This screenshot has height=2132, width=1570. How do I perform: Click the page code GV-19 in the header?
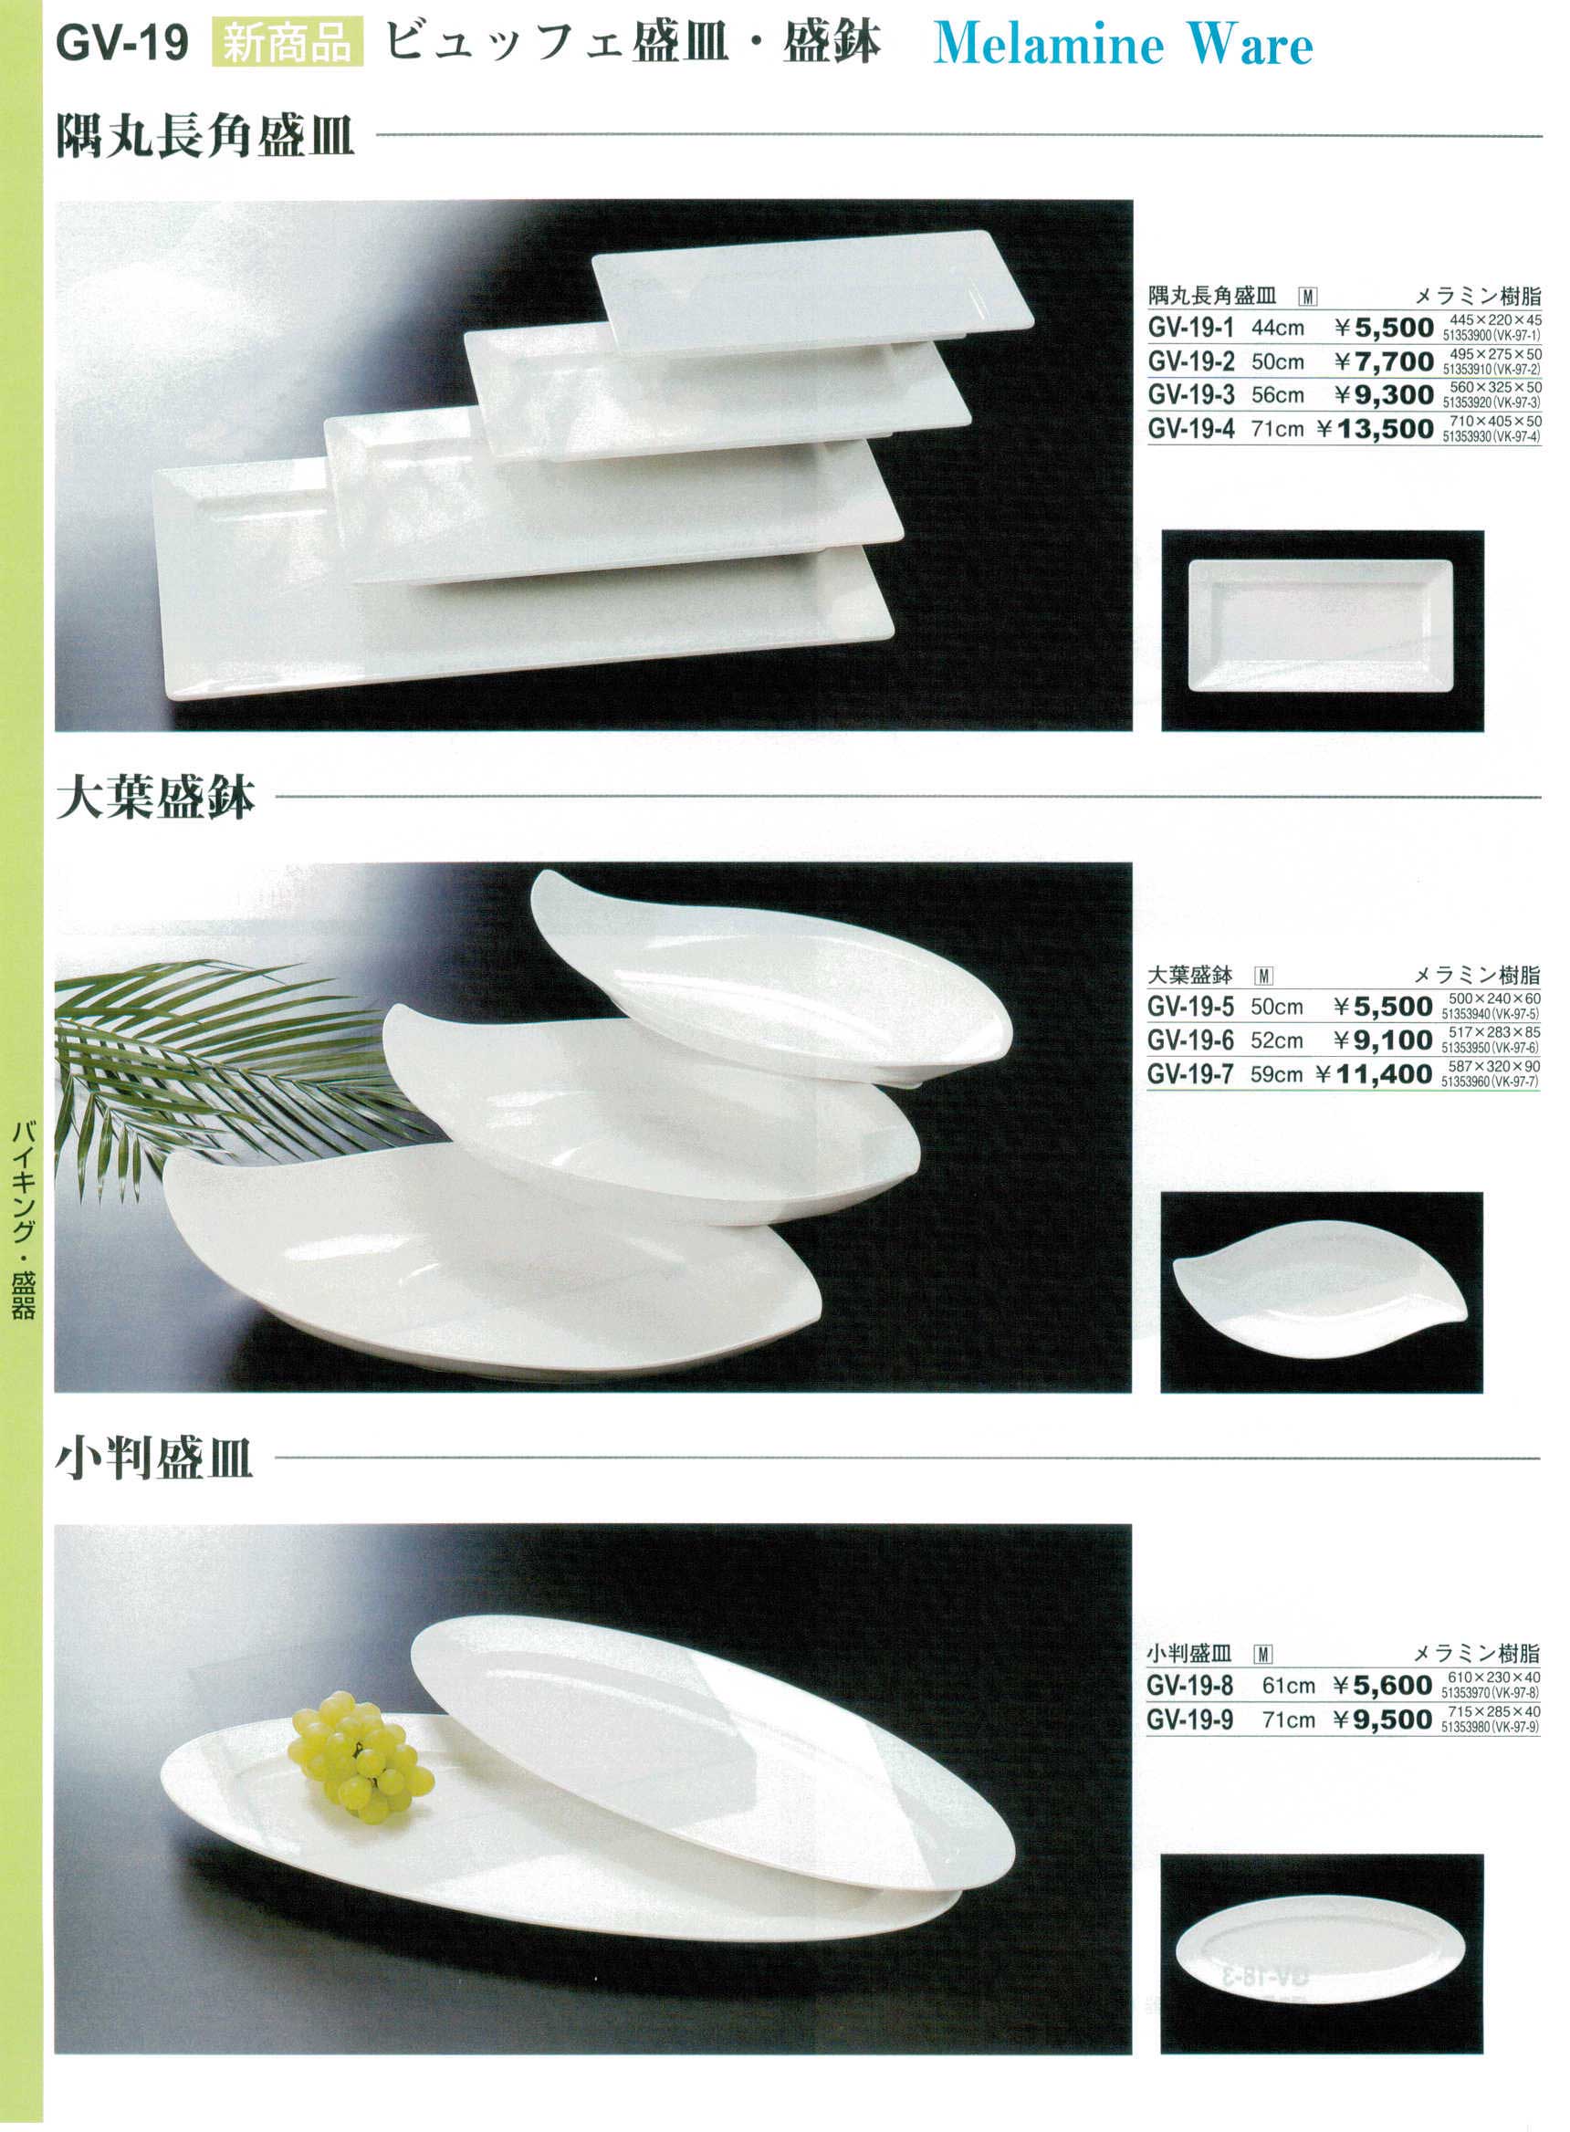coord(122,43)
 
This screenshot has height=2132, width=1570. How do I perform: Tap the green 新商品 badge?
coord(287,43)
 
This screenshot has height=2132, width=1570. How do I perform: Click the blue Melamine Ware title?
coord(1123,44)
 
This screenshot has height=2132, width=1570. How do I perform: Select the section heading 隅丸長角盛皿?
coord(205,135)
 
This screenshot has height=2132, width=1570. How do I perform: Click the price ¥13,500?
coord(1375,430)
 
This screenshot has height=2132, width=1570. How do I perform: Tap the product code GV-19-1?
coord(1191,328)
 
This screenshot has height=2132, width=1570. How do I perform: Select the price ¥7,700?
coord(1384,362)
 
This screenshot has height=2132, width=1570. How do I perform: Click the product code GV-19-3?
coord(1191,395)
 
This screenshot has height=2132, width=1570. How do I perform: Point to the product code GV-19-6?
coord(1190,1040)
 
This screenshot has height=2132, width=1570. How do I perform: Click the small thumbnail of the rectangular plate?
coord(1321,625)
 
